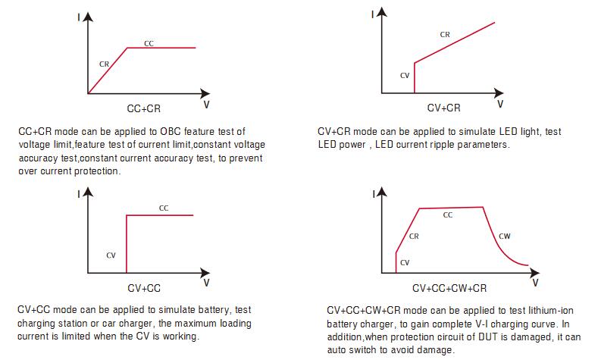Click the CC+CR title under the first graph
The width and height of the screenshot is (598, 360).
point(142,108)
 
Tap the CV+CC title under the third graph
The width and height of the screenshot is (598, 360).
point(143,288)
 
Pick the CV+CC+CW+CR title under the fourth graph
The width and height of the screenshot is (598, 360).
point(449,289)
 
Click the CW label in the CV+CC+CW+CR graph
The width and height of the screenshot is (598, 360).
point(505,236)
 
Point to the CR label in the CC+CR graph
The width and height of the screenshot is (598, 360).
point(104,64)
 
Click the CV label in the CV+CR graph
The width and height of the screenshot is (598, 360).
point(405,76)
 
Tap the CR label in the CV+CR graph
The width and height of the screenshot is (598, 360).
point(446,34)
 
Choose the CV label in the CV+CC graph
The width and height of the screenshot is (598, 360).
point(111,255)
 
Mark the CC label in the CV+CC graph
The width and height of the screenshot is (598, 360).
point(164,208)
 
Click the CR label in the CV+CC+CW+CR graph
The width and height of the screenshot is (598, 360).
point(414,236)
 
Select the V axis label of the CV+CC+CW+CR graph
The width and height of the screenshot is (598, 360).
point(535,283)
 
